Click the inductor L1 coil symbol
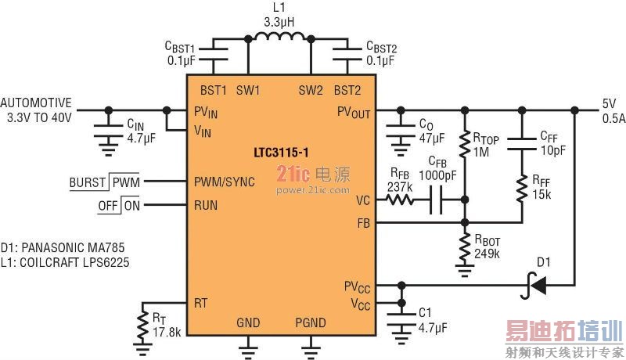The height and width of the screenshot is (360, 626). tap(279, 37)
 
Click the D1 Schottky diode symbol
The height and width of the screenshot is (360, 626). tap(537, 287)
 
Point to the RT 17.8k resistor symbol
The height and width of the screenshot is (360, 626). tap(142, 322)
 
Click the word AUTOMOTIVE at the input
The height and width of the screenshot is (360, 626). tap(36, 103)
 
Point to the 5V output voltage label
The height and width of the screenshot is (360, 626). tap(609, 103)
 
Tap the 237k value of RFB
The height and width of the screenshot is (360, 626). tap(401, 187)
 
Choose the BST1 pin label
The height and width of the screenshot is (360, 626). tap(214, 90)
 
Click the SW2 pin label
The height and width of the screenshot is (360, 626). tap(311, 90)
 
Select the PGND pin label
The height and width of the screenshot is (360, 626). tap(311, 322)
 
